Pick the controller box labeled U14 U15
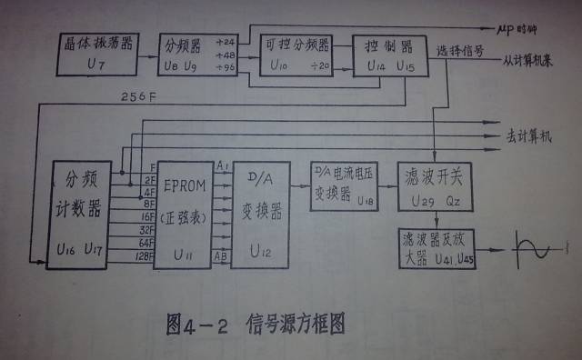coord(383,55)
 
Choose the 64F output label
coord(145,243)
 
